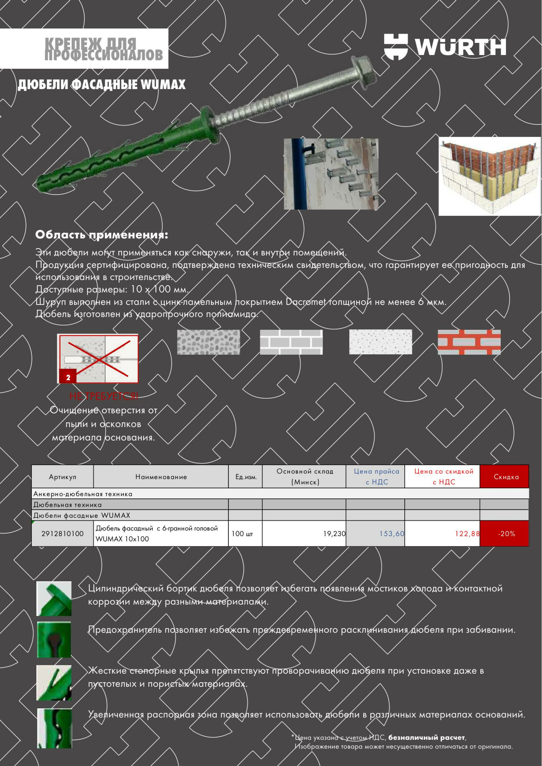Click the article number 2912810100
(x=62, y=534)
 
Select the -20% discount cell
(x=506, y=534)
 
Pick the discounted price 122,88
(x=467, y=534)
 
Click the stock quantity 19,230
(x=334, y=534)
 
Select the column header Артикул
(x=62, y=477)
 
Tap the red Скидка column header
(x=506, y=477)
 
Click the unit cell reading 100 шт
(x=242, y=534)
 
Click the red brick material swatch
(x=469, y=342)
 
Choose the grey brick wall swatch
(x=291, y=342)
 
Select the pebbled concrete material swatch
(x=208, y=342)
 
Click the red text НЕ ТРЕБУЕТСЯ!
(x=103, y=396)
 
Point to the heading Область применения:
(x=101, y=235)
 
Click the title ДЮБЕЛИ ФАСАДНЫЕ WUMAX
(x=101, y=85)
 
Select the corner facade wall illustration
(x=490, y=176)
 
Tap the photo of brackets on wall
(x=331, y=174)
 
